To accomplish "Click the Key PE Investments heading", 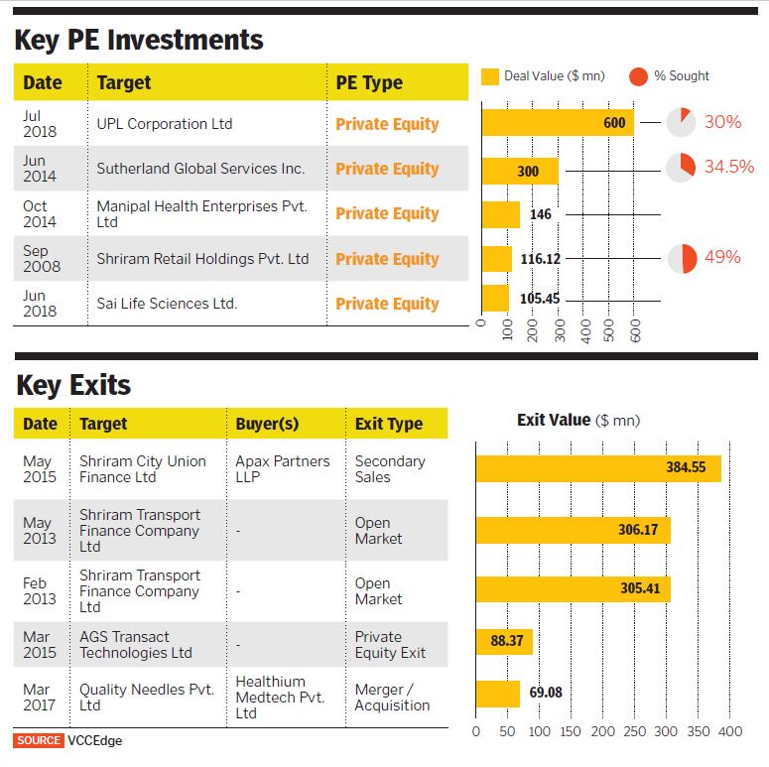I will tap(139, 40).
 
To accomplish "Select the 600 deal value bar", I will tap(558, 123).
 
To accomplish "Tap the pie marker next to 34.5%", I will tap(681, 168).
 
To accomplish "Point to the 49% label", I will tap(722, 257).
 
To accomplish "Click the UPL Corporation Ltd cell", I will tap(165, 124).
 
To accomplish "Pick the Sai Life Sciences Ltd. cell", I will tap(167, 304).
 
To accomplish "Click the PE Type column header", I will tap(369, 82).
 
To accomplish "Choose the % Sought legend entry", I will tap(670, 76).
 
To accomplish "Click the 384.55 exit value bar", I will tap(597, 468).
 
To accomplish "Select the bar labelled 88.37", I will tap(504, 642).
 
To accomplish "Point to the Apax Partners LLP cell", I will tap(270, 469).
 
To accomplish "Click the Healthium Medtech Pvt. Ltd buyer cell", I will tap(280, 698).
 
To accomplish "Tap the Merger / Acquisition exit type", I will tap(392, 698).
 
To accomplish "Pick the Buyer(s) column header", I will tap(267, 424).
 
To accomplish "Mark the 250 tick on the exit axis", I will tap(633, 732).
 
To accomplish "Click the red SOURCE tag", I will tap(38, 740).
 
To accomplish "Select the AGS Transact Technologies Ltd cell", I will tap(136, 645).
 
